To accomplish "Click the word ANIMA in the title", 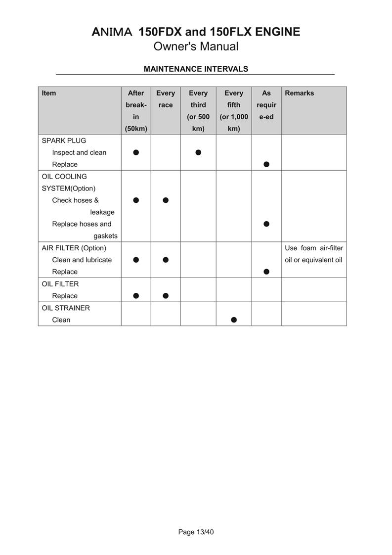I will (112, 32).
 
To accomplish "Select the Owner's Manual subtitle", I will (196, 46).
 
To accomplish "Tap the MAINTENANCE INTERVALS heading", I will (196, 69).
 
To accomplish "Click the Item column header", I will (49, 93).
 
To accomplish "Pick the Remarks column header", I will (299, 93).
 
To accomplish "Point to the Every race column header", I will (166, 99).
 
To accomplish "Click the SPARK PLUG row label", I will (64, 140).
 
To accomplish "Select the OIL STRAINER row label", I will (66, 308).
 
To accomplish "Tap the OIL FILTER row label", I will (60, 284).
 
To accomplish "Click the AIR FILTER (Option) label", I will (74, 248).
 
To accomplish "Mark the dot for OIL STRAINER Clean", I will (234, 320).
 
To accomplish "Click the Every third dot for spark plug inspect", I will (198, 152).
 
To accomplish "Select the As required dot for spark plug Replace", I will (266, 164).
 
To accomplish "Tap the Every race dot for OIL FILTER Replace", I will (166, 296).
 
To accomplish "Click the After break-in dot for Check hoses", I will (136, 200).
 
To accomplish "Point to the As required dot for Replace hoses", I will (266, 224).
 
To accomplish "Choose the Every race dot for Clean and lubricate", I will (166, 260).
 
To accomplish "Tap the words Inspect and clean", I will (79, 152).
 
